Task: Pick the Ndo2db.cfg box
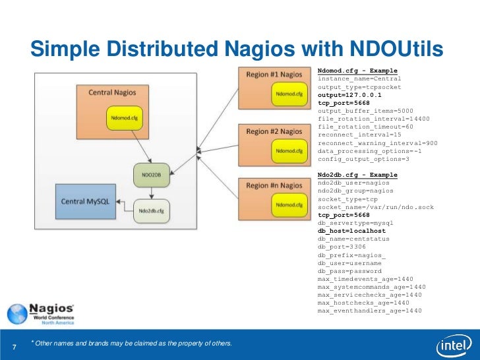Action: pyautogui.click(x=152, y=210)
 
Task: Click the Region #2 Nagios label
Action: pyautogui.click(x=274, y=131)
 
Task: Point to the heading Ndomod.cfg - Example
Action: pyautogui.click(x=357, y=71)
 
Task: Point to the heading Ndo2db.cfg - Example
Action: pyautogui.click(x=357, y=175)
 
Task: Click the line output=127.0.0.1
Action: pyautogui.click(x=349, y=94)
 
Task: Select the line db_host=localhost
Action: pyautogui.click(x=351, y=231)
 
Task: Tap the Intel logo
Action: pyautogui.click(x=453, y=345)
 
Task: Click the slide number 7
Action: pyautogui.click(x=15, y=347)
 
